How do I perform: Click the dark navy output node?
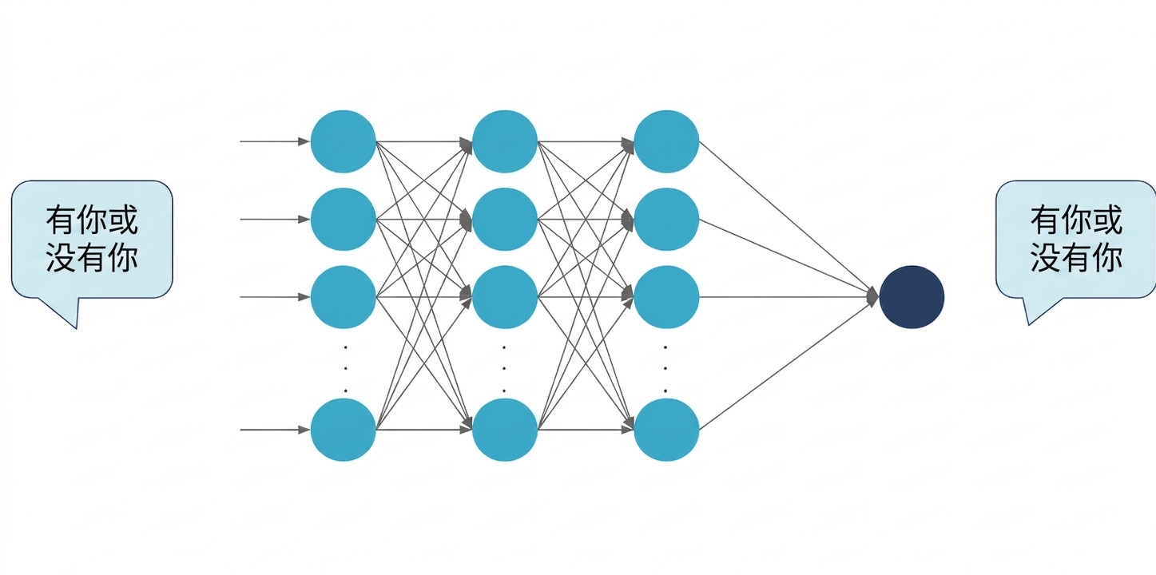(912, 297)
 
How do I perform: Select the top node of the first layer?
(344, 141)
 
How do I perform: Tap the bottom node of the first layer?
(344, 430)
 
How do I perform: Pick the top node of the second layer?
(505, 141)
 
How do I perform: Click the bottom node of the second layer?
(505, 430)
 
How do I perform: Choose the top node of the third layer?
(666, 141)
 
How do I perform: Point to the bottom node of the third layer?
(666, 430)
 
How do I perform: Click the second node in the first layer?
(344, 219)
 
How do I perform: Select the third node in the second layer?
(505, 297)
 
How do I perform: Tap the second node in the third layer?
(666, 219)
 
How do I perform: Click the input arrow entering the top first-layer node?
(275, 141)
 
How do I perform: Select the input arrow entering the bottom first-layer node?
(275, 430)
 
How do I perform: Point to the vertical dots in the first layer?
(345, 369)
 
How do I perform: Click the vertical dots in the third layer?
(665, 369)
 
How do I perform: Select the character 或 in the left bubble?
(122, 220)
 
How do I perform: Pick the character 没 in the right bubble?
(1045, 256)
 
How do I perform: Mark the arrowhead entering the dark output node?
(872, 297)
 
